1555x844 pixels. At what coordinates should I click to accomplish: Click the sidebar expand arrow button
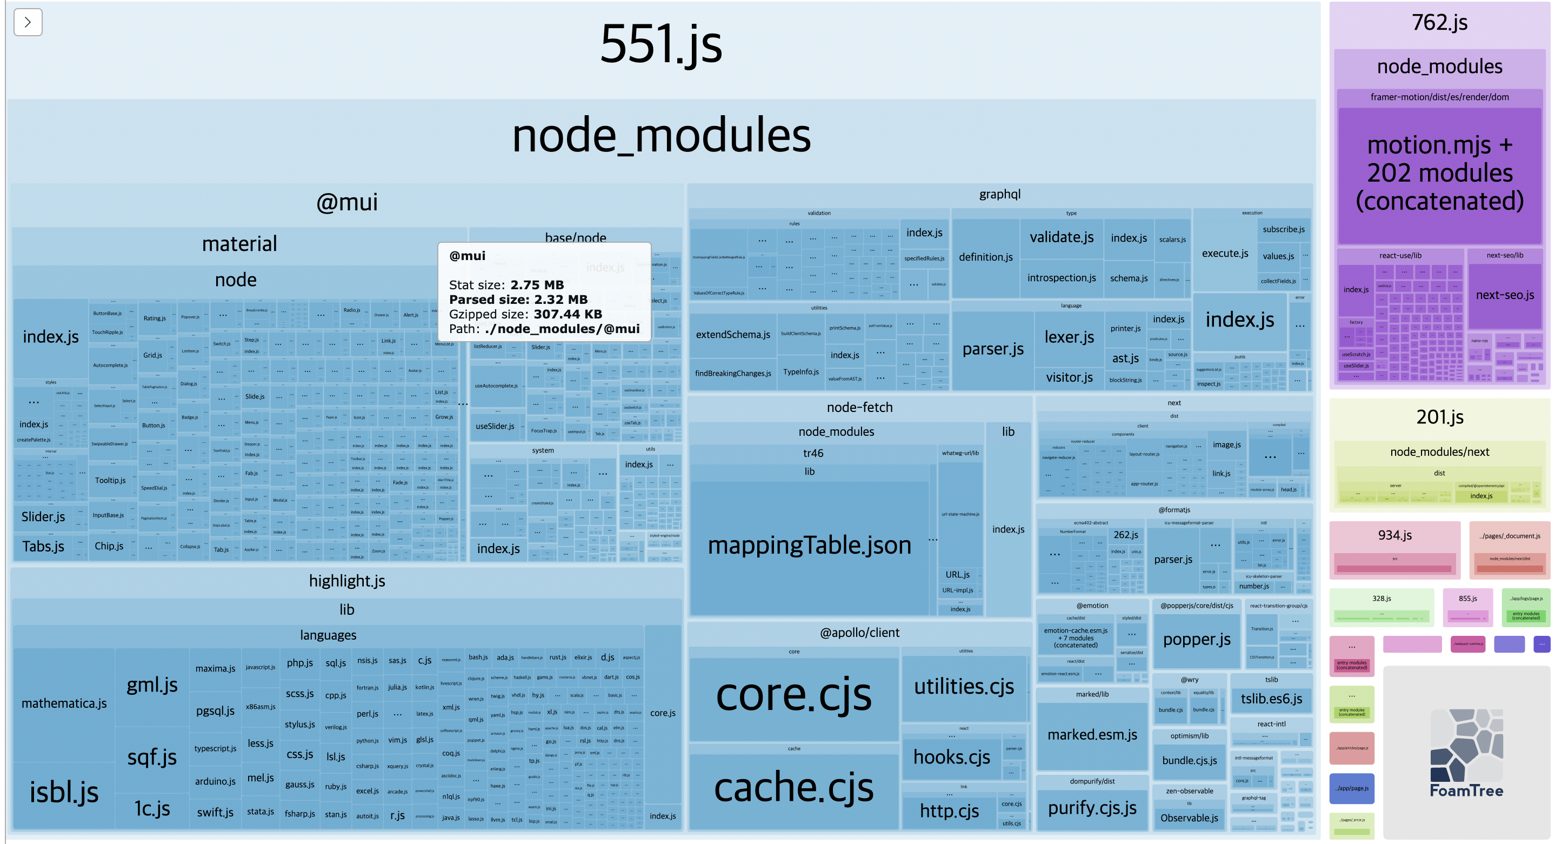click(28, 22)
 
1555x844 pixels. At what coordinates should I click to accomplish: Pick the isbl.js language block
click(64, 793)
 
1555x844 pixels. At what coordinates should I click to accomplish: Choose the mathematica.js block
click(64, 703)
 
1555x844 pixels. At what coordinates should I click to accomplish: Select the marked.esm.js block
click(1092, 735)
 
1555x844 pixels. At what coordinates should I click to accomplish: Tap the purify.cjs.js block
click(1092, 808)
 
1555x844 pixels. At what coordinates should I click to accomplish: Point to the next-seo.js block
click(1504, 295)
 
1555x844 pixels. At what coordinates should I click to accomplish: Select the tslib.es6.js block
click(1271, 699)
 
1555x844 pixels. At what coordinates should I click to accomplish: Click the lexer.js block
click(1069, 337)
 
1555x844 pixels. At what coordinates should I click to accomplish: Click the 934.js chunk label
click(1394, 535)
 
